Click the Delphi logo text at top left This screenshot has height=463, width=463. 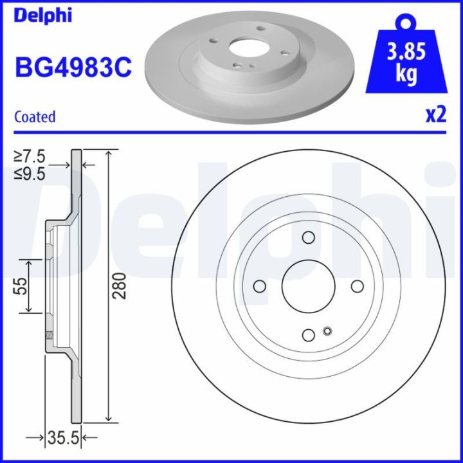pos(43,15)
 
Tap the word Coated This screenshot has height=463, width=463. pos(35,117)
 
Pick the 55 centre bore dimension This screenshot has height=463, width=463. pos(19,286)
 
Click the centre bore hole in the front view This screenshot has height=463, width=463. pos(308,287)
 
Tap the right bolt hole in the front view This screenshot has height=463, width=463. pos(356,287)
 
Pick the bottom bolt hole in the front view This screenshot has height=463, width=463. pos(308,334)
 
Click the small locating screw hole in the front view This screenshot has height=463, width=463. pos(327,331)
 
